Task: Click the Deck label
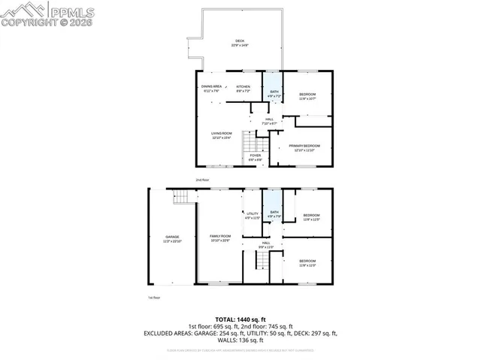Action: (240, 43)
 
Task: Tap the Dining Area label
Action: (211, 88)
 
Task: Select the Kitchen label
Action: (243, 88)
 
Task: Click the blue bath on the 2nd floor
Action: (273, 91)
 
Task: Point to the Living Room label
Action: (221, 135)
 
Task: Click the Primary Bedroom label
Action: (304, 147)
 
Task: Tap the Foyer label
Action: (256, 157)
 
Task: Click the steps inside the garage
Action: (183, 198)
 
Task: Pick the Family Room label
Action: (220, 238)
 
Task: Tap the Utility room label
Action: (253, 215)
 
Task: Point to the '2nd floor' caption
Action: (202, 180)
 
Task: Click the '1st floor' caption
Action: (154, 298)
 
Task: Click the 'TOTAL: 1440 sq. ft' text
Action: (240, 319)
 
